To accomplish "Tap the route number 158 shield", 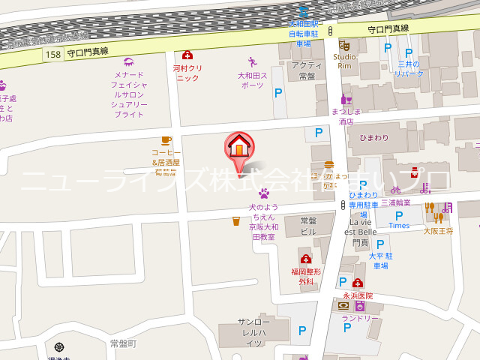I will point(52,54).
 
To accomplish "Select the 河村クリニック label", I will point(187,73).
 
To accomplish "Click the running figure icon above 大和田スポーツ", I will point(252,62).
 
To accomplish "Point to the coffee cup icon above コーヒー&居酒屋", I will point(166,139).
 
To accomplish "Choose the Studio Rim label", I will point(344,61).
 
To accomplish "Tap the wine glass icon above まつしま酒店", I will point(346,98).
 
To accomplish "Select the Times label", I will point(399,225).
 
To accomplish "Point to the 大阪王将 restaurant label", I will point(438,231).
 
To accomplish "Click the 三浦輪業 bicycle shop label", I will point(395,202).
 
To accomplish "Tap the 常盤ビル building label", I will point(308,226).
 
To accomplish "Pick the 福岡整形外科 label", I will point(306,276).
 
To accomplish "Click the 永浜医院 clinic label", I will point(358,295).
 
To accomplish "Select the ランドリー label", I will point(361,318).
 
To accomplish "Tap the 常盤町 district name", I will point(123,343).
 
